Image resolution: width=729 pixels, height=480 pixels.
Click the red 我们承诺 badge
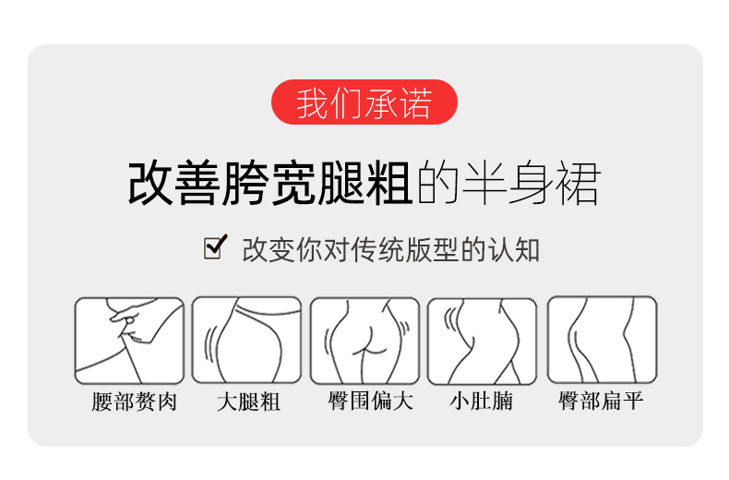pyautogui.click(x=364, y=102)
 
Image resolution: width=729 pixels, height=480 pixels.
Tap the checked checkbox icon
pyautogui.click(x=215, y=247)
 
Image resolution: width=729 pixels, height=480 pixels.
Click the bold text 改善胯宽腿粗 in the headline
pyautogui.click(x=269, y=184)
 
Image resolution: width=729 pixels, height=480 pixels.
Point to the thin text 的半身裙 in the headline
pyautogui.click(x=508, y=184)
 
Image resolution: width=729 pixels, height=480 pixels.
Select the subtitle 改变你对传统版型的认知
pyautogui.click(x=390, y=250)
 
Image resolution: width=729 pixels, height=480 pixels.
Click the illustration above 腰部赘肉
pyautogui.click(x=129, y=341)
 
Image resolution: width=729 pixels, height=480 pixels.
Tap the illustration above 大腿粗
pyautogui.click(x=246, y=340)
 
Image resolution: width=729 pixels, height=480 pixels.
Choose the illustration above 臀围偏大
pyautogui.click(x=364, y=341)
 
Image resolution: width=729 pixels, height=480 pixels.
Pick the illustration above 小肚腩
pyautogui.click(x=482, y=342)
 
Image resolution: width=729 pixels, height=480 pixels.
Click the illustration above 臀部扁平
pyautogui.click(x=602, y=340)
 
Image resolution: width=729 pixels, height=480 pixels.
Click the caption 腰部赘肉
pyautogui.click(x=134, y=402)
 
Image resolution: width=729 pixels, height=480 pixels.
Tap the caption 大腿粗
pyautogui.click(x=248, y=402)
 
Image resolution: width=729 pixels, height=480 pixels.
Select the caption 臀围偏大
pyautogui.click(x=370, y=401)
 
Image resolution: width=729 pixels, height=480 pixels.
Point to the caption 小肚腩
pyautogui.click(x=481, y=401)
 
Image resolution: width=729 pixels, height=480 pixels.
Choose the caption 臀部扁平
pyautogui.click(x=601, y=401)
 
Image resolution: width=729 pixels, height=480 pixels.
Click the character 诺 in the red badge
pyautogui.click(x=415, y=102)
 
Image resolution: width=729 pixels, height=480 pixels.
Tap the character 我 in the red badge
pyautogui.click(x=313, y=102)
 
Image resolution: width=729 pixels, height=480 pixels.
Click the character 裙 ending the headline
pyautogui.click(x=578, y=184)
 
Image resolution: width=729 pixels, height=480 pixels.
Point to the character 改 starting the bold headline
pyautogui.click(x=150, y=184)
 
